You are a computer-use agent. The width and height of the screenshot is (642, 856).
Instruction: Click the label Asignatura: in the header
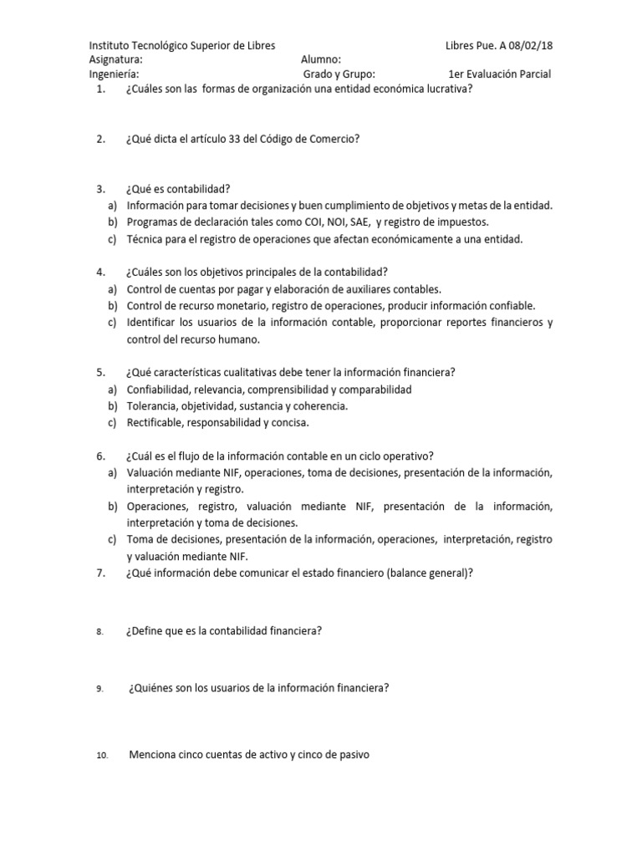coord(115,59)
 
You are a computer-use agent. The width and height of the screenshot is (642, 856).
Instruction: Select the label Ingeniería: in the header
coord(114,74)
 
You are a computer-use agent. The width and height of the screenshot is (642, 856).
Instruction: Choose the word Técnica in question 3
coord(145,239)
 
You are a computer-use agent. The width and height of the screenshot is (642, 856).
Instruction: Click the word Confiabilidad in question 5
coord(158,390)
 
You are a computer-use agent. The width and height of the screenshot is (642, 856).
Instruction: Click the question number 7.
coord(100,572)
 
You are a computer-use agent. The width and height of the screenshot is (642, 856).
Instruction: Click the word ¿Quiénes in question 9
coord(151,688)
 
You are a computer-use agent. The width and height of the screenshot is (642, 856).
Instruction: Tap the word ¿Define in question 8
coord(145,631)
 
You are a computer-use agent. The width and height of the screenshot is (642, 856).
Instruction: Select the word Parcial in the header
coord(532,74)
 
